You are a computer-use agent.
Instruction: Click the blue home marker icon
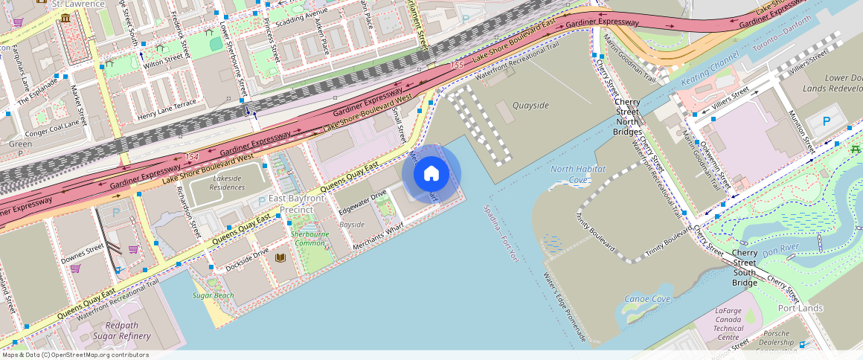[x=431, y=174]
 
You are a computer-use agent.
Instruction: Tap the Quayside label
[x=530, y=106]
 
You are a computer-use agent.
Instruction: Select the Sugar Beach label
[x=213, y=296]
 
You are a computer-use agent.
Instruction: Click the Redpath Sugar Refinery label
[x=121, y=331]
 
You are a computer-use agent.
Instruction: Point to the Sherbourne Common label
[x=309, y=239]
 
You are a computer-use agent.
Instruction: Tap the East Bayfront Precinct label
[x=297, y=204]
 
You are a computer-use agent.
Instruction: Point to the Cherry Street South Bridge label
[x=744, y=268]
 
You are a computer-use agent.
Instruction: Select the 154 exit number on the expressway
[x=192, y=157]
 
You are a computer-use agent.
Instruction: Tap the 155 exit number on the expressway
[x=457, y=66]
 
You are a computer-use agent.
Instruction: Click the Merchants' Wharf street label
[x=378, y=233]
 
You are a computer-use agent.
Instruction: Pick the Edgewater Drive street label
[x=362, y=202]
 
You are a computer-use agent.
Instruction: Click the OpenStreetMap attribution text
[x=76, y=355]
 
